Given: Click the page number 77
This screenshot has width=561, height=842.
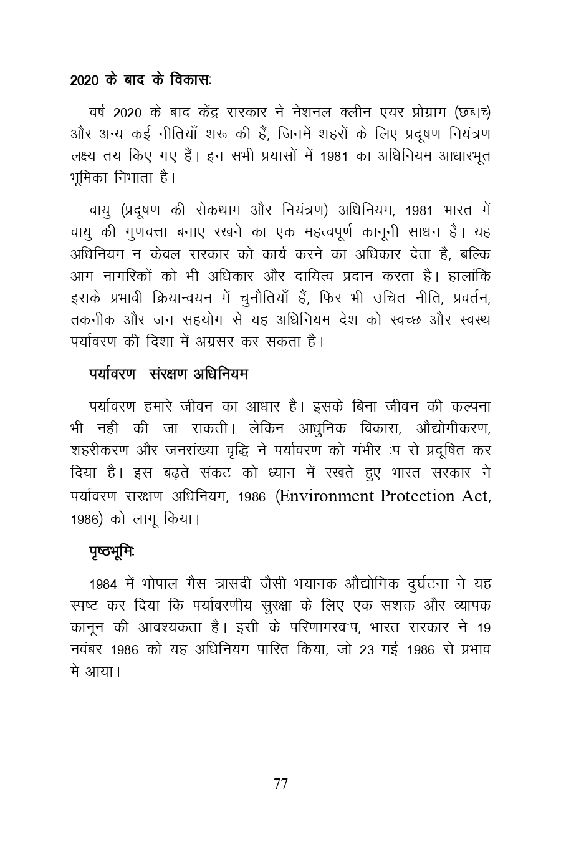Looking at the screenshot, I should click(280, 784).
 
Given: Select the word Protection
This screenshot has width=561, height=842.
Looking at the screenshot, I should click(416, 496).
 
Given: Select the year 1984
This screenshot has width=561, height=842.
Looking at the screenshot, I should click(103, 584).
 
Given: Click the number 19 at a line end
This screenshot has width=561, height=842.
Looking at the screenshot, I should click(482, 627).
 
